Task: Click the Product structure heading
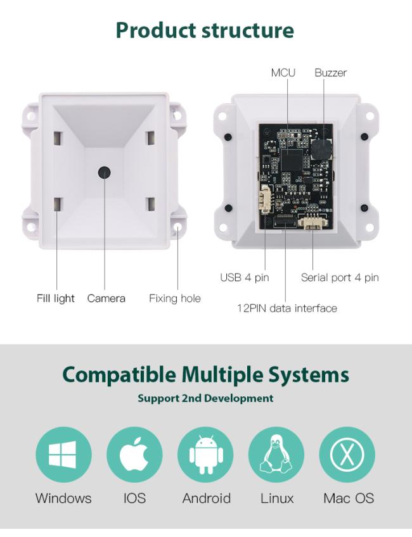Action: pyautogui.click(x=205, y=30)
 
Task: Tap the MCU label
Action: pyautogui.click(x=283, y=73)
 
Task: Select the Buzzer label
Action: pyautogui.click(x=330, y=73)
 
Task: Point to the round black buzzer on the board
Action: pyautogui.click(x=320, y=151)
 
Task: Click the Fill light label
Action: pyautogui.click(x=56, y=298)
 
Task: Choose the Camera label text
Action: pyautogui.click(x=106, y=298)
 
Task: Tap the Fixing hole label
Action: pyautogui.click(x=174, y=298)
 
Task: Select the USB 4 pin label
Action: pyautogui.click(x=245, y=277)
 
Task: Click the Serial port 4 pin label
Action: pyautogui.click(x=340, y=277)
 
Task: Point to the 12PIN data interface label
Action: pyautogui.click(x=286, y=308)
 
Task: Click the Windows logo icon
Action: pyautogui.click(x=63, y=455)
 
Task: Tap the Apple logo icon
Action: pyautogui.click(x=134, y=455)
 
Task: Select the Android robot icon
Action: pyautogui.click(x=205, y=455)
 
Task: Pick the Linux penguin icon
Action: pyautogui.click(x=276, y=455)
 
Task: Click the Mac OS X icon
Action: pyautogui.click(x=347, y=455)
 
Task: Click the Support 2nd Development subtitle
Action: pyautogui.click(x=205, y=398)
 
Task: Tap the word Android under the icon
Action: pyautogui.click(x=206, y=498)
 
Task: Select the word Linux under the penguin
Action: pyautogui.click(x=277, y=498)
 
